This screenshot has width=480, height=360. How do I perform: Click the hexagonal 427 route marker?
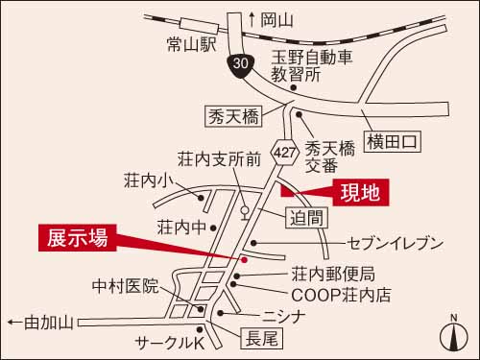(x=284, y=152)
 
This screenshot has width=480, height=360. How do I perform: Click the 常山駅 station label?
(x=193, y=44)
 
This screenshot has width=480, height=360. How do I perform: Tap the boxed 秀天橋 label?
(x=233, y=116)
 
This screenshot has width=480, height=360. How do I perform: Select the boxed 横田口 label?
(x=394, y=141)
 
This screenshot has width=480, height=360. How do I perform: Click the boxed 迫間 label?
(x=310, y=218)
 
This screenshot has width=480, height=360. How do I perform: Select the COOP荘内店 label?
(x=341, y=295)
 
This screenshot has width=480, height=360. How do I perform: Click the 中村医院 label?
(x=125, y=286)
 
